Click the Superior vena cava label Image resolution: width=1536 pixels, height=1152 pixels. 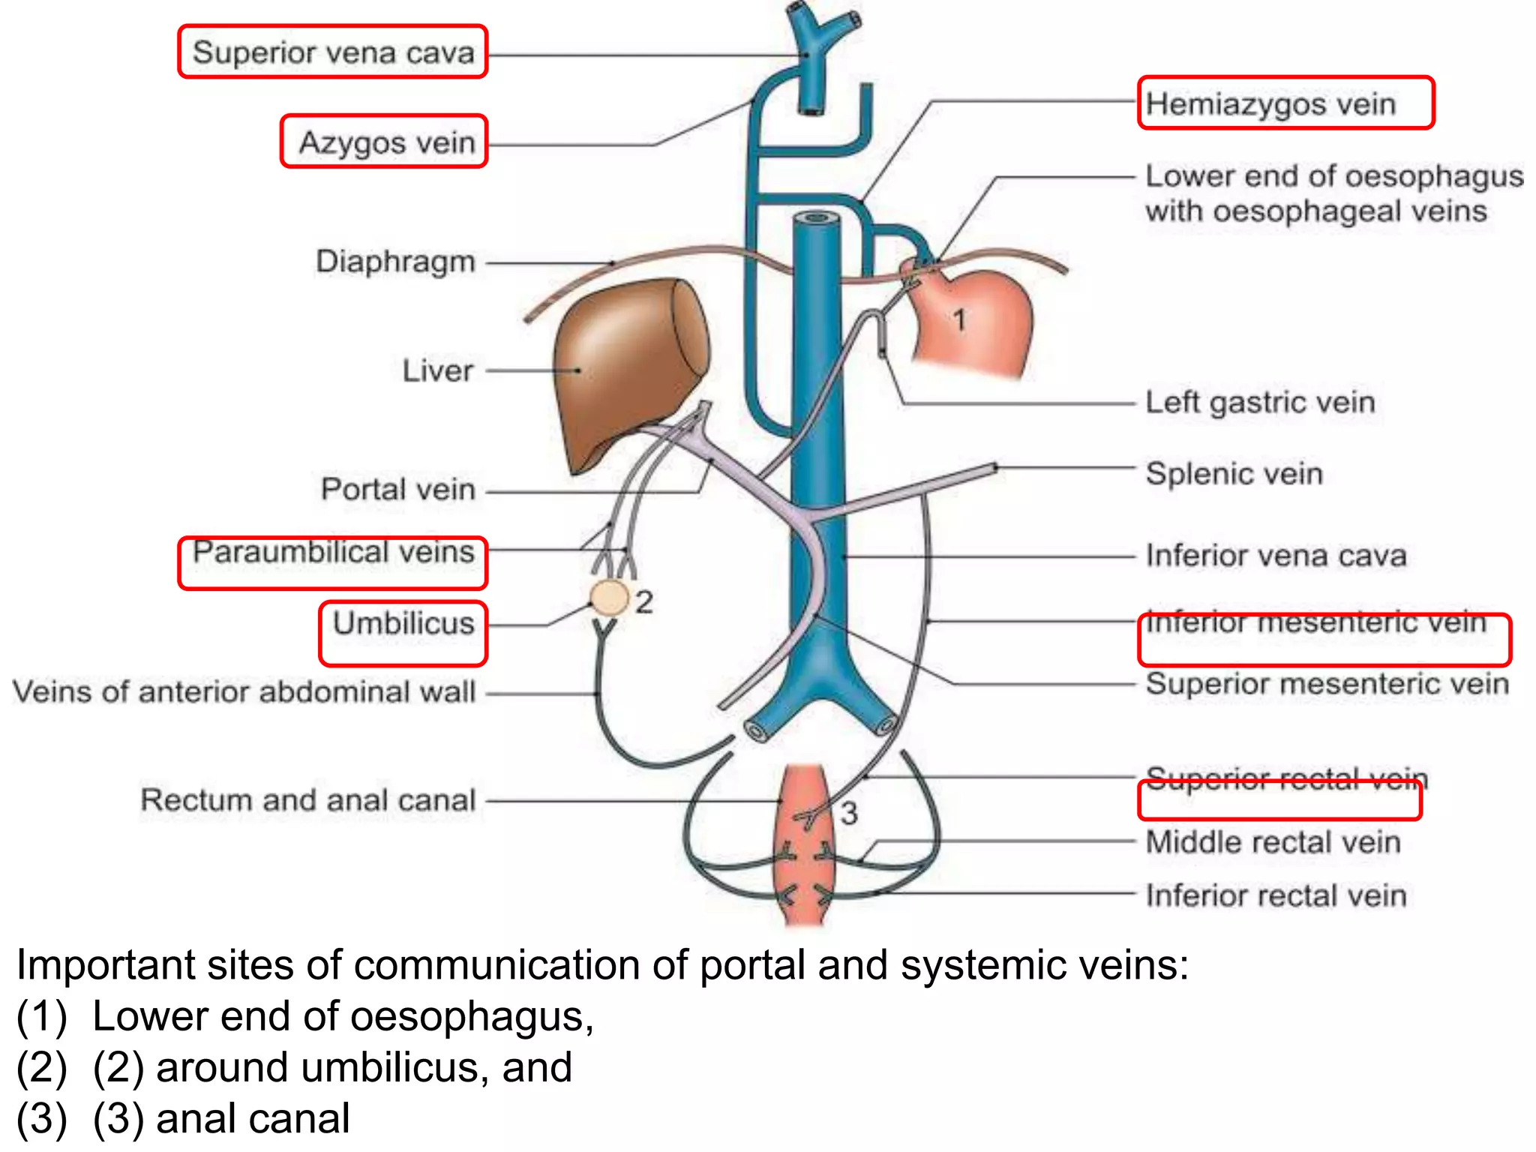[333, 52]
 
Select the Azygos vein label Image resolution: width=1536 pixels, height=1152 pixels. [387, 142]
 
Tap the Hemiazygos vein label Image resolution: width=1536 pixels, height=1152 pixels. [1270, 103]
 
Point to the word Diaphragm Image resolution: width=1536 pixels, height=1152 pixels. [395, 262]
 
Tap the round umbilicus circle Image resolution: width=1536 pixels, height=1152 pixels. [609, 598]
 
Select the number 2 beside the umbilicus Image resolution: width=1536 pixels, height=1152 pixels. [644, 602]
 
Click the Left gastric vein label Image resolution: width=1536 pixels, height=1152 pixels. [1260, 403]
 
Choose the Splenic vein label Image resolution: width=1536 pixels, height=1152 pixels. [1234, 474]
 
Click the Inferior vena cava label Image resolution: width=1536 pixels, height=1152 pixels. [1276, 556]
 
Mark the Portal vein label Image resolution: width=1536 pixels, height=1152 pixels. [398, 489]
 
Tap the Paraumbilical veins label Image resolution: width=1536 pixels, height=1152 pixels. [334, 553]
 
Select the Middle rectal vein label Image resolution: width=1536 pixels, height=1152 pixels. [1273, 842]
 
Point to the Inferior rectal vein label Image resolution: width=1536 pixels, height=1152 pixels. [1276, 895]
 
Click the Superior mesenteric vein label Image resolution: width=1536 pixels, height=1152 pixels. [1327, 684]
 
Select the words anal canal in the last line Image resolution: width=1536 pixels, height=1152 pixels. [253, 1118]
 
